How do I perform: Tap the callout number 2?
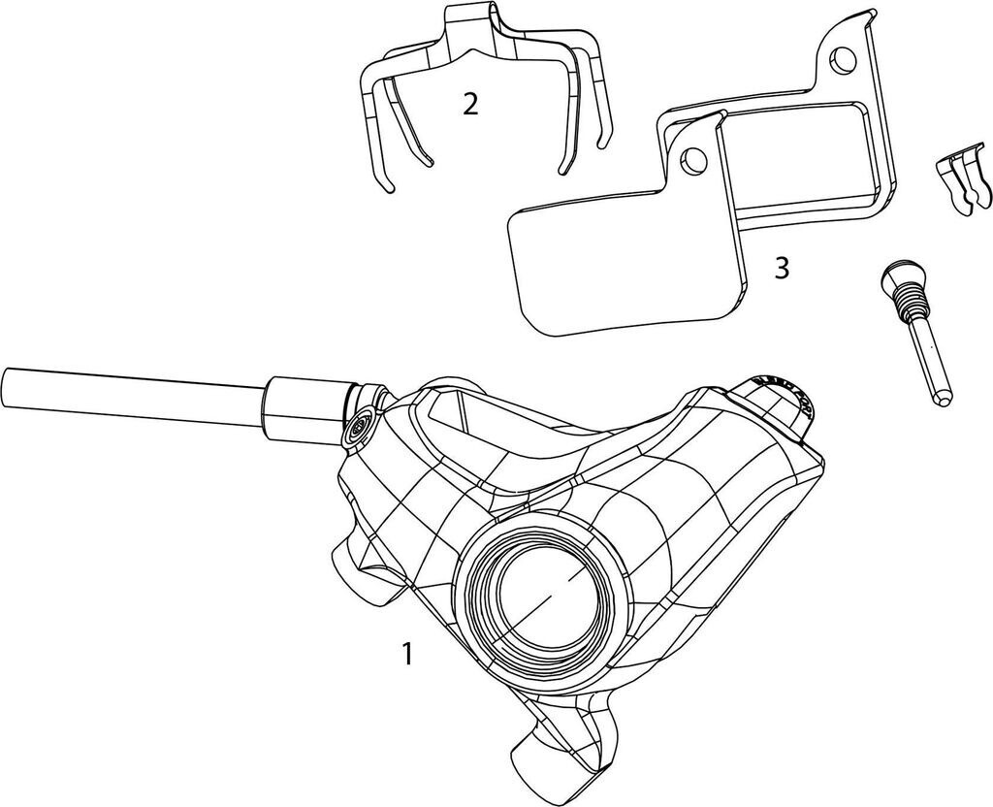[x=470, y=104]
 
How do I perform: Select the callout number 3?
[x=782, y=269]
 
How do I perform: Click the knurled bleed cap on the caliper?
[x=785, y=394]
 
